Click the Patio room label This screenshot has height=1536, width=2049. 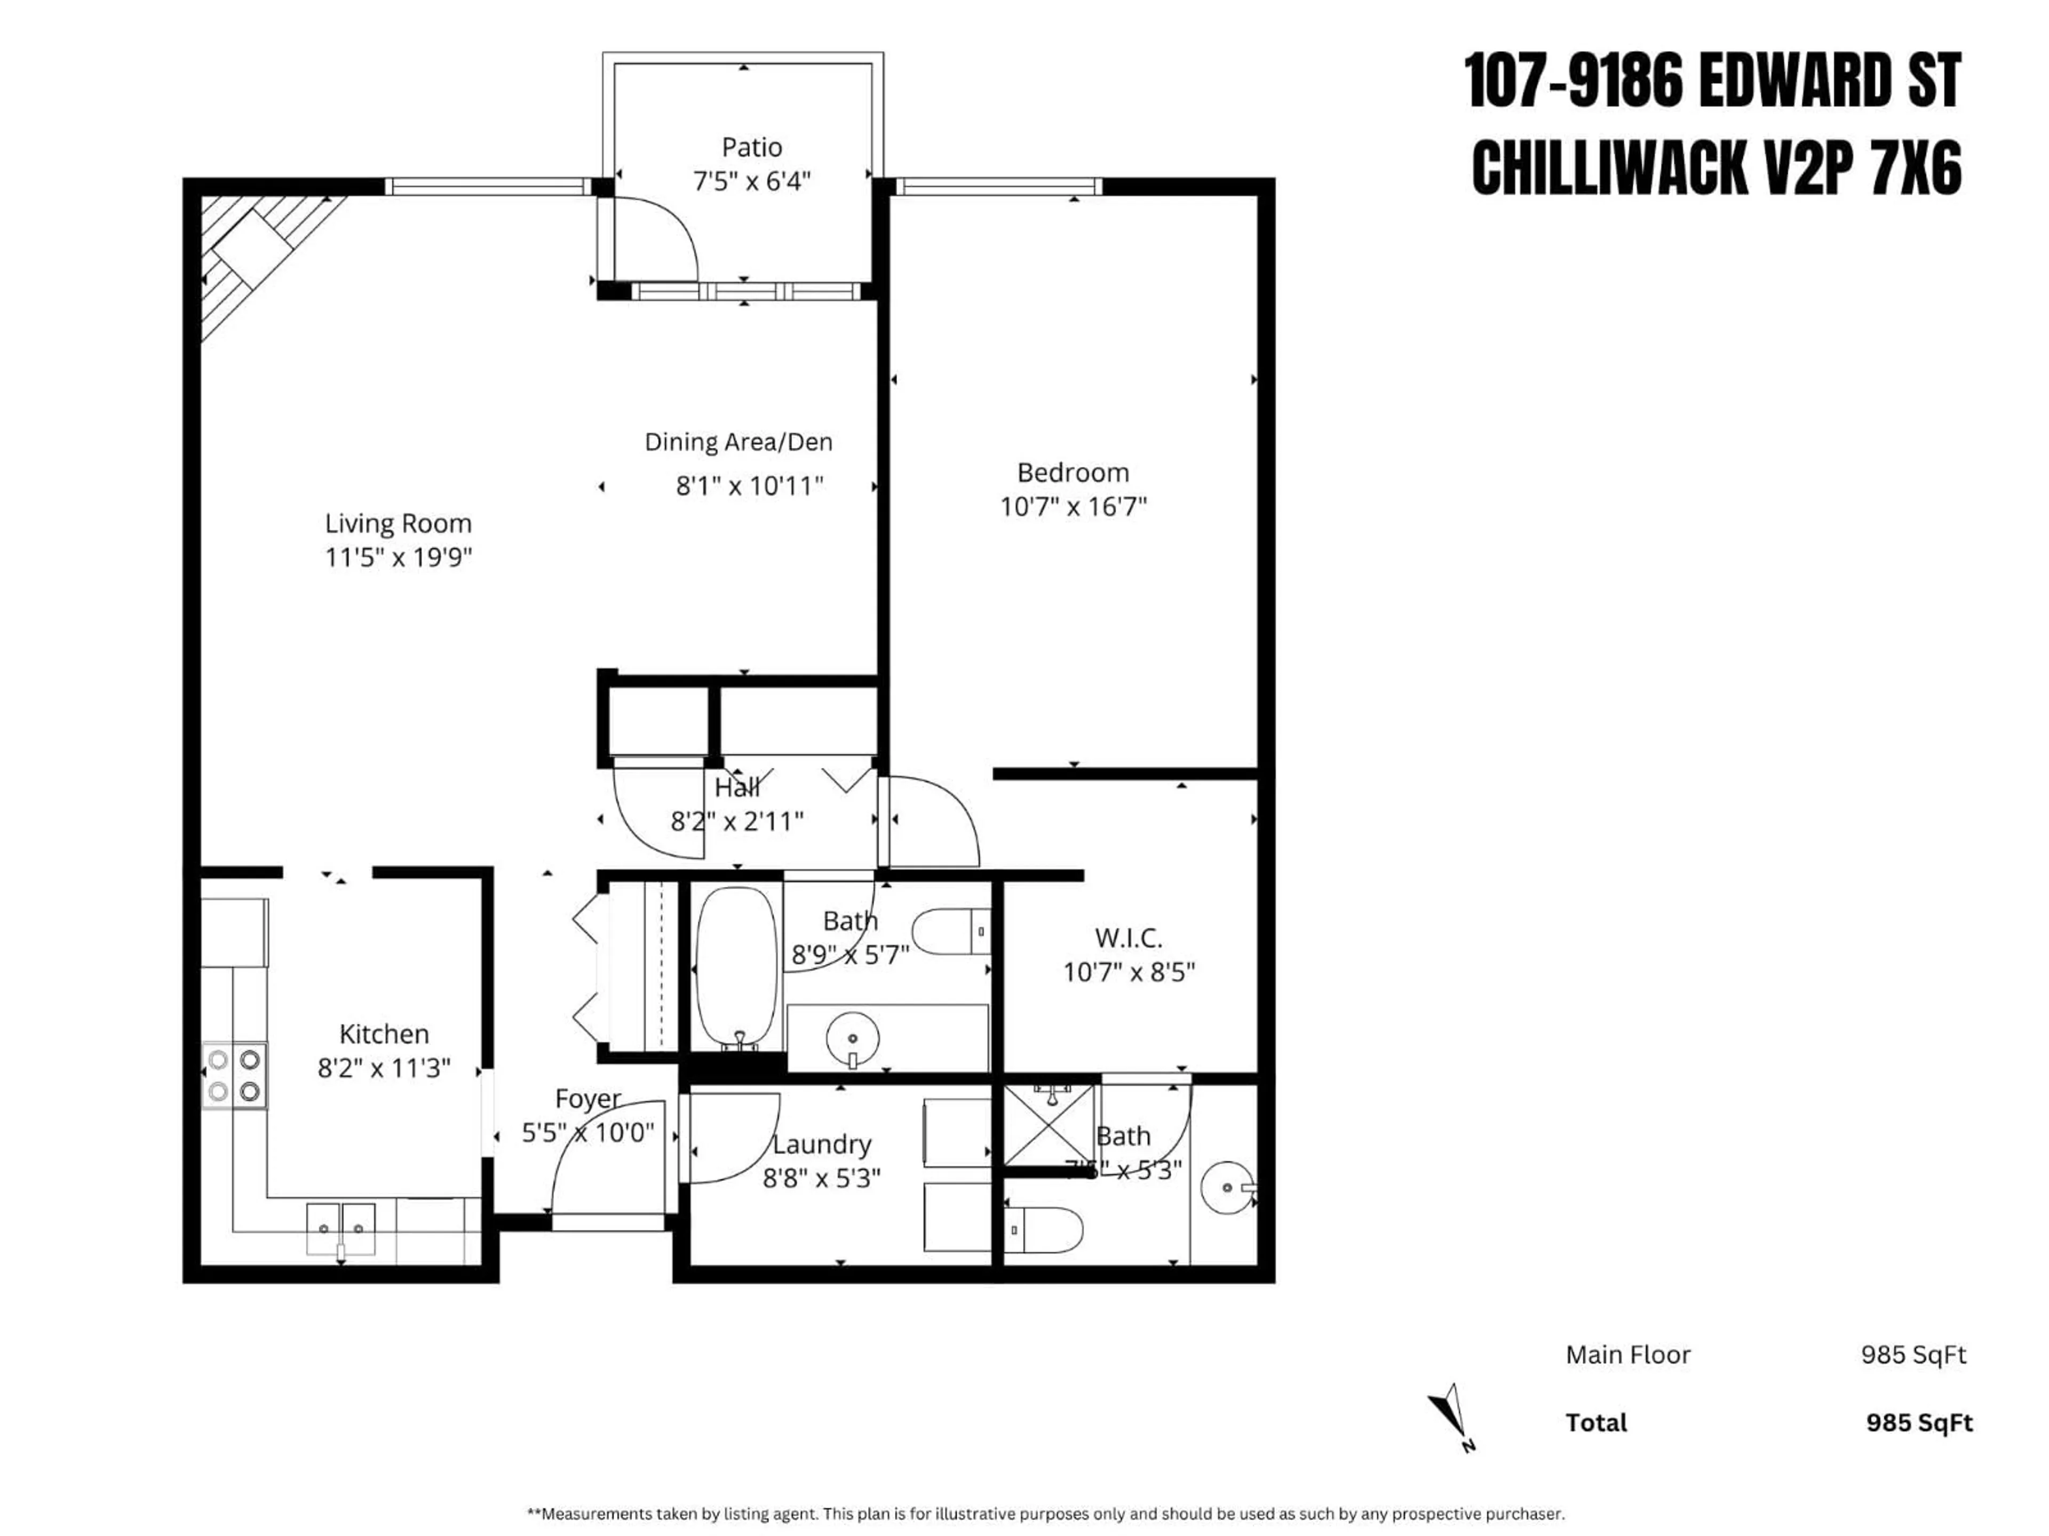pyautogui.click(x=751, y=147)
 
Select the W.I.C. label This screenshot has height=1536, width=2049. pyautogui.click(x=1127, y=938)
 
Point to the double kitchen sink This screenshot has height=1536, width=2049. pyautogui.click(x=341, y=1228)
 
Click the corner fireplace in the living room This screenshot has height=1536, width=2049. pyautogui.click(x=248, y=250)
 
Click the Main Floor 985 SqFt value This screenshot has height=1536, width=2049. pyautogui.click(x=1913, y=1355)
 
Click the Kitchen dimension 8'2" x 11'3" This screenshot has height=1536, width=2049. pyautogui.click(x=384, y=1068)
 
